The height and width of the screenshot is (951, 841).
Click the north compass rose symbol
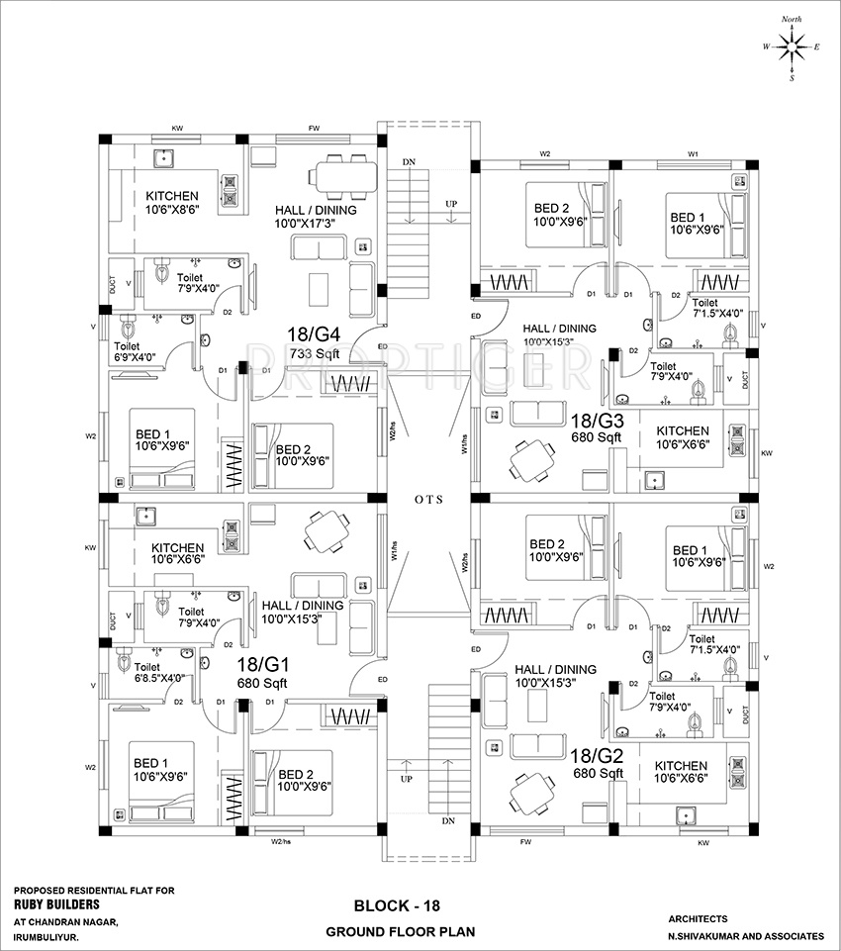(x=791, y=46)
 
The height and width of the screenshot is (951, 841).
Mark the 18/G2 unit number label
(x=593, y=756)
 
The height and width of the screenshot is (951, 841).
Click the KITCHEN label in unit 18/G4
(x=172, y=196)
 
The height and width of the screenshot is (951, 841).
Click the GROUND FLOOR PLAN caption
(x=401, y=932)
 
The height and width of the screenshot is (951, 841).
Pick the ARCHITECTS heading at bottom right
(x=698, y=918)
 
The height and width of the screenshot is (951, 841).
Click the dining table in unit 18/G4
(x=345, y=176)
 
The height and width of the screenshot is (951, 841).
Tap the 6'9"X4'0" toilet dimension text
(x=140, y=358)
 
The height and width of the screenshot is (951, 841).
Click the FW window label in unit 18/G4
(x=314, y=129)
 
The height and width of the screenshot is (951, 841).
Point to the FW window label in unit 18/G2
(x=524, y=844)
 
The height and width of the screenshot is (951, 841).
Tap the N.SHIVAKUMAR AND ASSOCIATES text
(x=745, y=935)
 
